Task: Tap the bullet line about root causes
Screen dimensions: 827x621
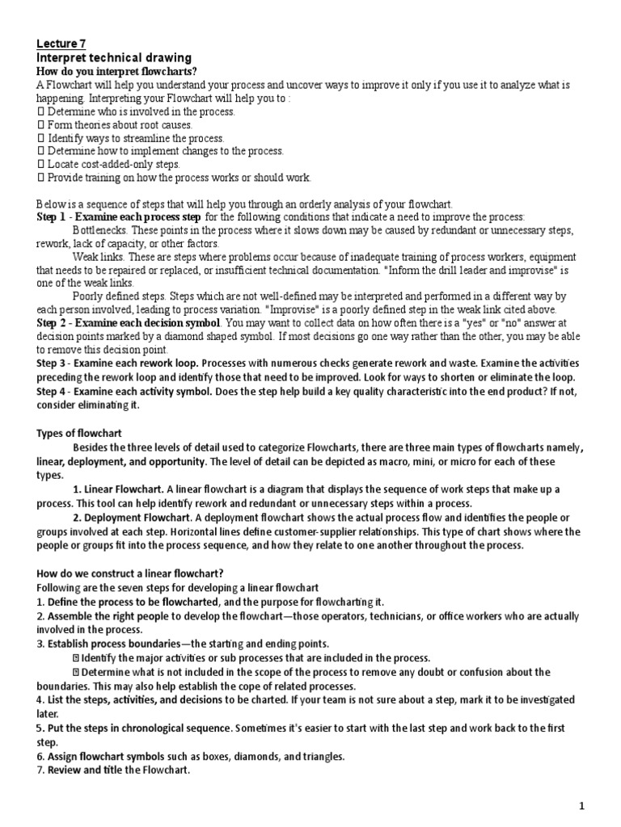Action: click(x=119, y=125)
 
